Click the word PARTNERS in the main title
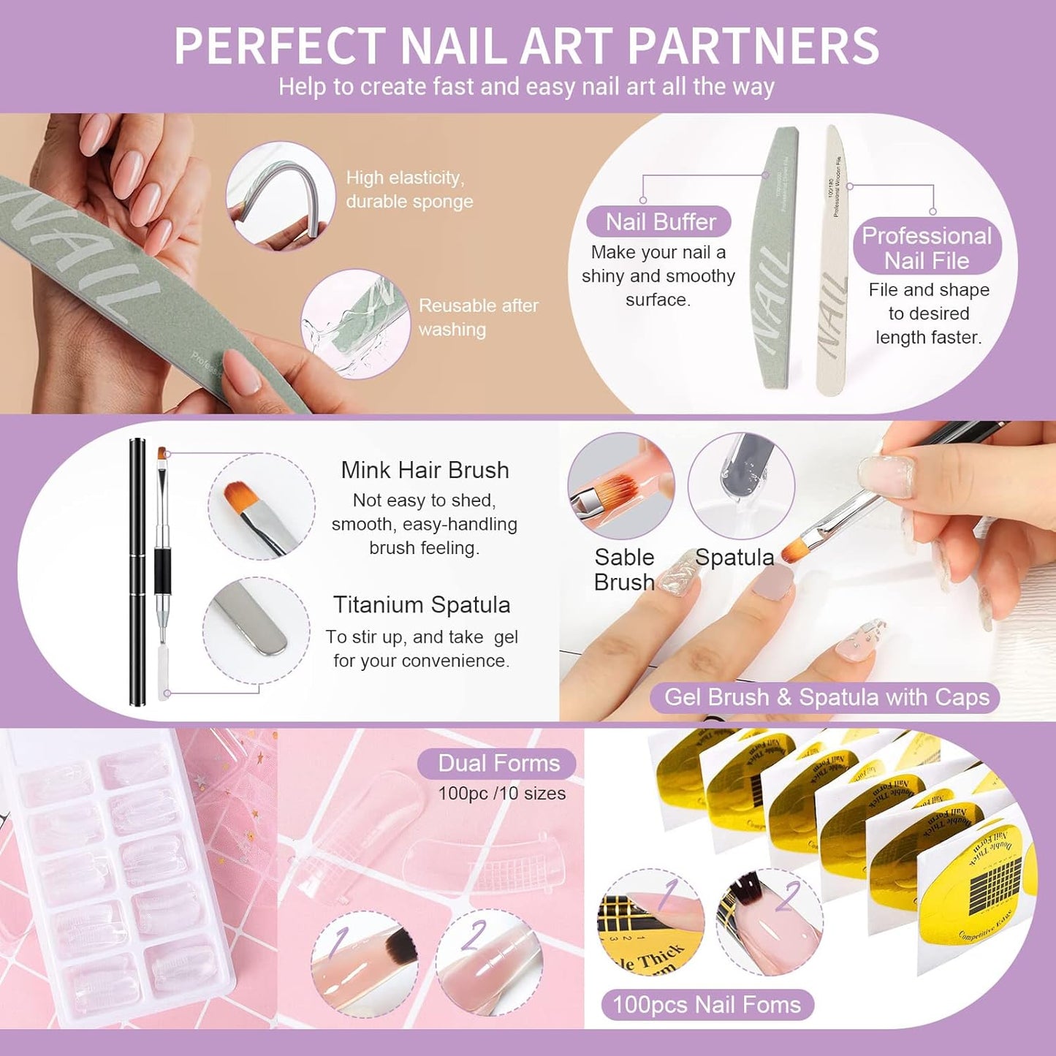coord(753,46)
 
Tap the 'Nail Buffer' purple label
coord(660,221)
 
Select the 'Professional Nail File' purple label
coord(927,248)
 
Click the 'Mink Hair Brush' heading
coord(425,470)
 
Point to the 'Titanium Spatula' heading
coord(422,604)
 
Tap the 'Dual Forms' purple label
coord(498,764)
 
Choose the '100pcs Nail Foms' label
coord(707,1005)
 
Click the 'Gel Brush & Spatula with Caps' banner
coord(826,697)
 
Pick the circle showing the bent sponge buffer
coord(280,196)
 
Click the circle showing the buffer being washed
coord(356,324)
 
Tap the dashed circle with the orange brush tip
coord(262,506)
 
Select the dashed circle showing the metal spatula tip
coord(256,631)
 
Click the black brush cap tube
coord(137,571)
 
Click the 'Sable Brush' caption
coord(624,569)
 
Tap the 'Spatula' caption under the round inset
coord(734,558)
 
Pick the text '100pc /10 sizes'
coord(501,794)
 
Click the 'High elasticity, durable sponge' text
coord(409,189)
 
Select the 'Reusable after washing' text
coord(478,317)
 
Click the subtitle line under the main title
coord(526,87)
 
